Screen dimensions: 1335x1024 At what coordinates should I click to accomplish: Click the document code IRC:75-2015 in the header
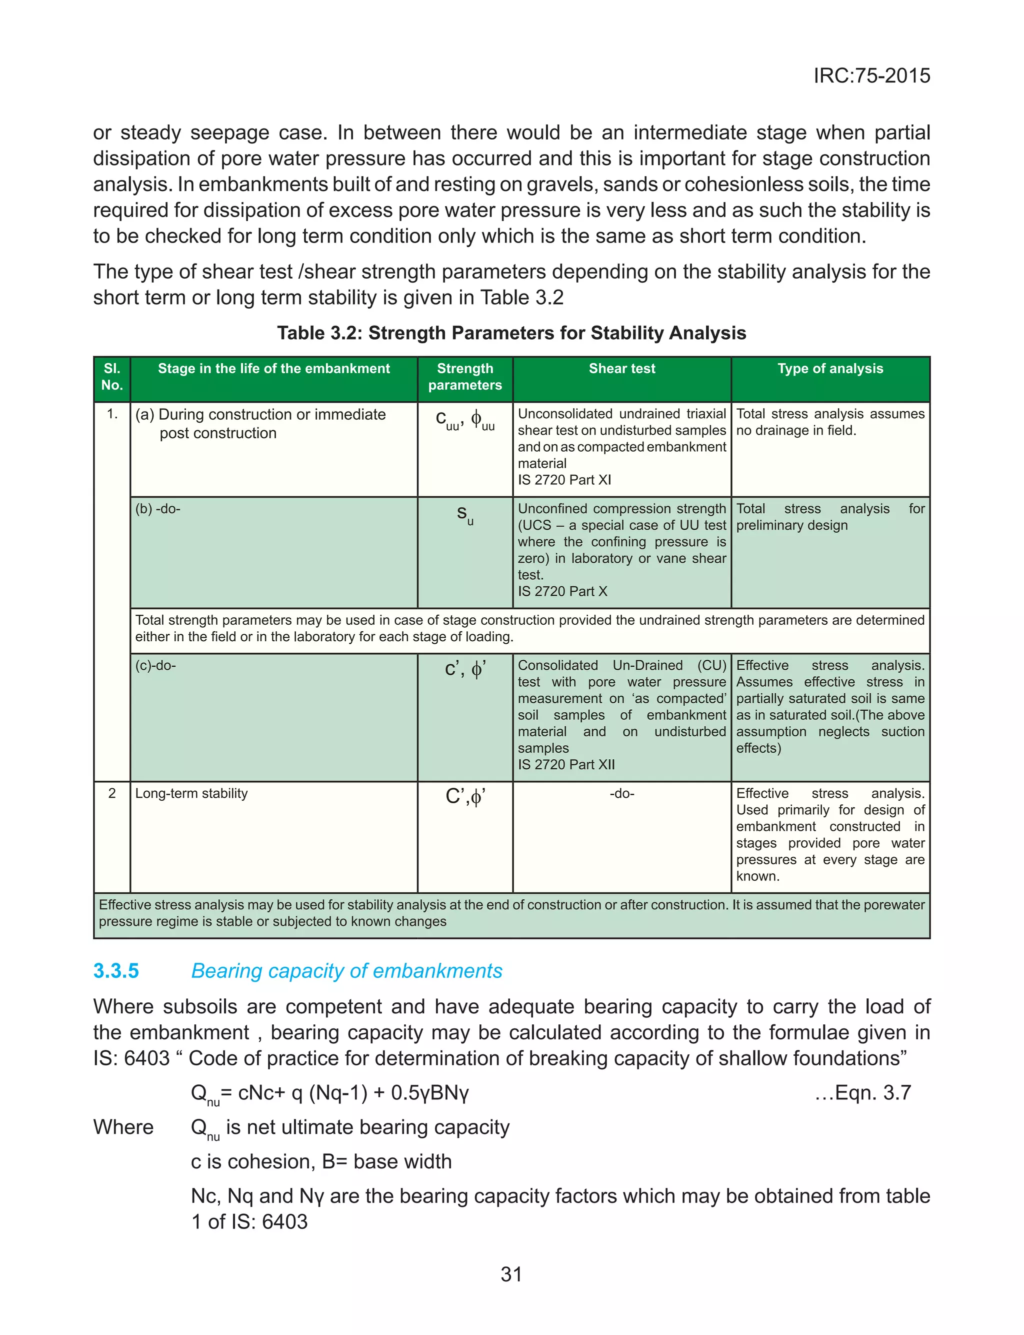tap(871, 76)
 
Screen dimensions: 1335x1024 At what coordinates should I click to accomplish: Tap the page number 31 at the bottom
tap(511, 1274)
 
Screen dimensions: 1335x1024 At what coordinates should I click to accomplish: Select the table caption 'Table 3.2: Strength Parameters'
tap(511, 333)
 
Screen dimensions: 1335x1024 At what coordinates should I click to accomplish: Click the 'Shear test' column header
tap(621, 368)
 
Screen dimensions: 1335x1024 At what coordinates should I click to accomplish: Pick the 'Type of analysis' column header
tap(829, 368)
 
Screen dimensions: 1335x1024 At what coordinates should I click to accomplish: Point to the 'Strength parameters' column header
tap(465, 377)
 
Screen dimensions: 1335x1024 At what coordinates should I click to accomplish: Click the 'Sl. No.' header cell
tap(112, 377)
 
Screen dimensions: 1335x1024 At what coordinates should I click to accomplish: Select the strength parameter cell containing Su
tap(465, 515)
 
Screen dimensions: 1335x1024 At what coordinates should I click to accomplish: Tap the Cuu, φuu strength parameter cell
tap(465, 421)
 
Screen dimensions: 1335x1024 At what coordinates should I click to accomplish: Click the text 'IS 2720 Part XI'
tap(564, 480)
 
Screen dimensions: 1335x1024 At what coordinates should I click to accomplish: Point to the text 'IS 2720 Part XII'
tap(566, 764)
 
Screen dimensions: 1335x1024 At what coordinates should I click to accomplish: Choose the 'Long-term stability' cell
tap(191, 793)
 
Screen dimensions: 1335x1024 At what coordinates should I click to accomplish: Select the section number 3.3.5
tap(116, 971)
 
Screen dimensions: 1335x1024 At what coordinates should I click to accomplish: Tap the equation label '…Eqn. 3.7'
tap(862, 1092)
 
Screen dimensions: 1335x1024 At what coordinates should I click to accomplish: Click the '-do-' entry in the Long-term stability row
tap(621, 793)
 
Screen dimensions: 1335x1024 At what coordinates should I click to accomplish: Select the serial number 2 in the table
tap(112, 793)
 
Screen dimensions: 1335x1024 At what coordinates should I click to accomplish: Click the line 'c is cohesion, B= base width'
tap(321, 1161)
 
